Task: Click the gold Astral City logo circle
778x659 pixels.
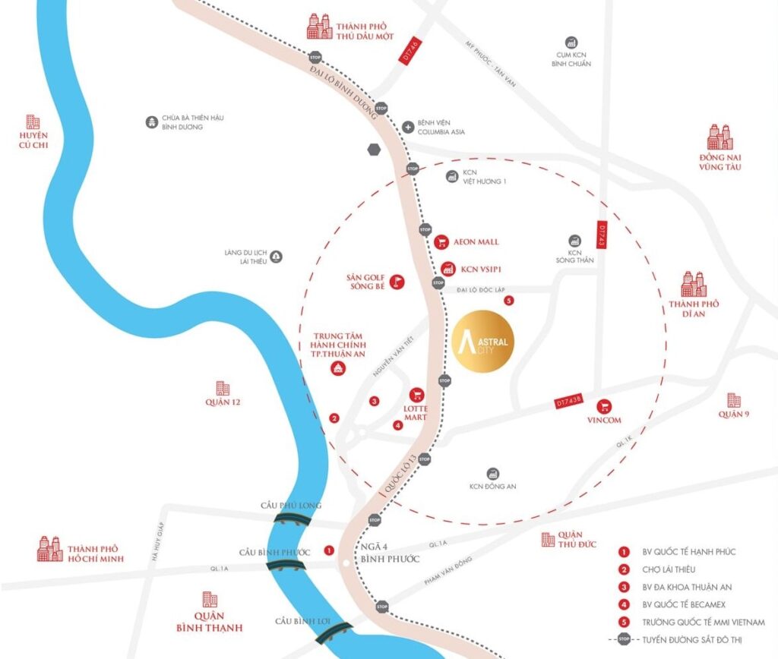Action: click(484, 342)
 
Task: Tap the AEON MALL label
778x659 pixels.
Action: click(477, 242)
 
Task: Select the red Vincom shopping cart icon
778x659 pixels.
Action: click(605, 406)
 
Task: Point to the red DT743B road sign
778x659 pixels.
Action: click(568, 400)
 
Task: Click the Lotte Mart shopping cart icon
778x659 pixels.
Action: click(416, 395)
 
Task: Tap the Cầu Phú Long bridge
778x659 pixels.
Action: click(292, 519)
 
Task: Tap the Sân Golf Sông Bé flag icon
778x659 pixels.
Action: click(395, 282)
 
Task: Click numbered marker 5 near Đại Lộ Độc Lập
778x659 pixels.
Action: click(509, 301)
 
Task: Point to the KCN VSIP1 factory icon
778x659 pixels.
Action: click(448, 269)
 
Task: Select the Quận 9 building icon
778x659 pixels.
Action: click(733, 400)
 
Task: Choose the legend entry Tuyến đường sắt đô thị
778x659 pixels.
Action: click(684, 641)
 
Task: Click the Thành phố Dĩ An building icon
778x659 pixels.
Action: click(694, 284)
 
